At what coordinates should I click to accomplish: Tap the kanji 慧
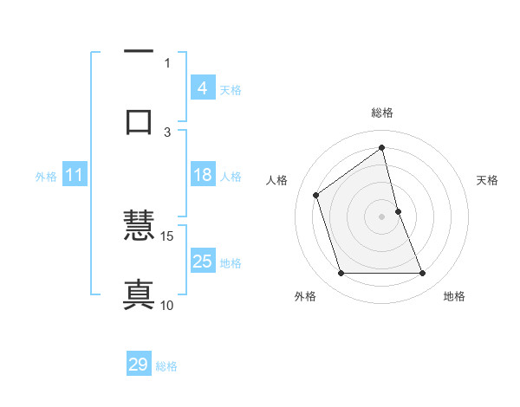tap(139, 227)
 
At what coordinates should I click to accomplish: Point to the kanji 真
tap(139, 294)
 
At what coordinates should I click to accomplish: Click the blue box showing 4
tap(202, 88)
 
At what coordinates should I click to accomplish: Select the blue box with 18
tap(202, 175)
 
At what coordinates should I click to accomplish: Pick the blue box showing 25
tap(202, 262)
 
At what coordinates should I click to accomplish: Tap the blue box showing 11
tap(74, 176)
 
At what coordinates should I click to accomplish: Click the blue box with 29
tap(139, 365)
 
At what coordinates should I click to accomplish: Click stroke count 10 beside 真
tap(167, 305)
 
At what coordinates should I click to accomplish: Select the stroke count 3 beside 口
tap(168, 132)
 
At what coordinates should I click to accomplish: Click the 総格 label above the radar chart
tap(382, 113)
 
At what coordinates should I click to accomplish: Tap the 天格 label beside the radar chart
tap(488, 180)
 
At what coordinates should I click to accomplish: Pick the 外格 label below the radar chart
tap(305, 297)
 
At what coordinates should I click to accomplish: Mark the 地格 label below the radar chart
tap(454, 297)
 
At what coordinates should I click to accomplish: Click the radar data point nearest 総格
tap(382, 147)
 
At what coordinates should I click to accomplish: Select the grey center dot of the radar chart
tap(382, 216)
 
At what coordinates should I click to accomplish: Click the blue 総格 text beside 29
tap(166, 366)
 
